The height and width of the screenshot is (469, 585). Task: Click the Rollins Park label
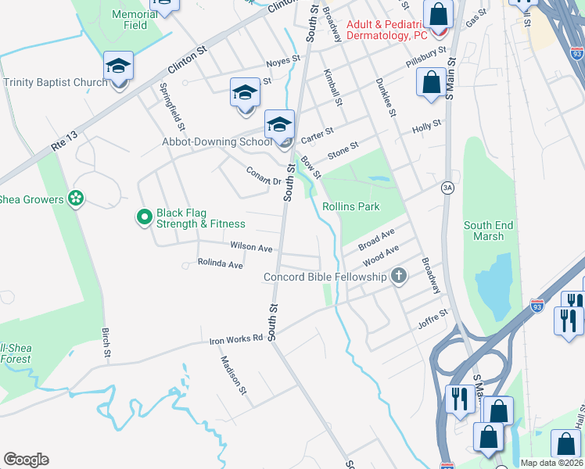[x=351, y=206]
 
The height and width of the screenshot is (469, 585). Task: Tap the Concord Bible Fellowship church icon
[x=399, y=276]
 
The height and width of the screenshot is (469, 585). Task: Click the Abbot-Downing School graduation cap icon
[x=279, y=125]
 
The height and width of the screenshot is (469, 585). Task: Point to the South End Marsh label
[x=489, y=231]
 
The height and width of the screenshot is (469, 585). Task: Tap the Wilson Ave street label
[x=251, y=247]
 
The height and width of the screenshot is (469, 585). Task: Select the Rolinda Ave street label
[x=221, y=264]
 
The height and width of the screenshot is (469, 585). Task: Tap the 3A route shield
[x=447, y=187]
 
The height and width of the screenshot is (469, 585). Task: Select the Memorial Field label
[x=135, y=20]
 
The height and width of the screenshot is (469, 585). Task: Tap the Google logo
[x=26, y=460]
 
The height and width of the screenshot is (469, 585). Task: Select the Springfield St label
[x=172, y=106]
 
